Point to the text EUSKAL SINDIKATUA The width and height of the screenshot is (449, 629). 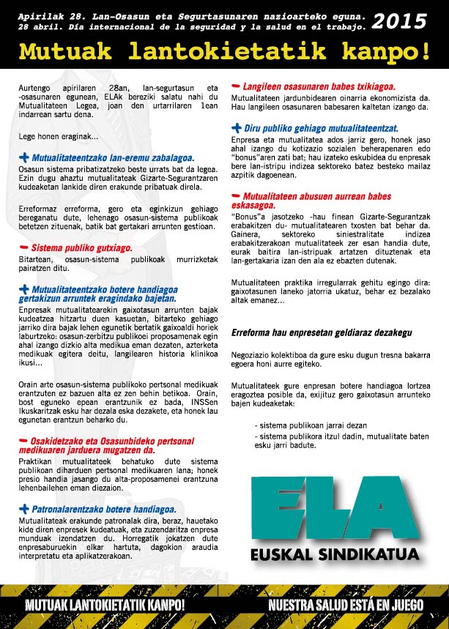pos(334,554)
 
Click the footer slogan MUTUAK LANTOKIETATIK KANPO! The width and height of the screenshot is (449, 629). pos(105,606)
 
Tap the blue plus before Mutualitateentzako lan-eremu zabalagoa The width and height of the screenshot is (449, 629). pos(24,157)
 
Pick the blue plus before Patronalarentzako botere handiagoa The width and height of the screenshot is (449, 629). pos(24,509)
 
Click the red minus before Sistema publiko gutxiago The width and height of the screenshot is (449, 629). pos(24,247)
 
